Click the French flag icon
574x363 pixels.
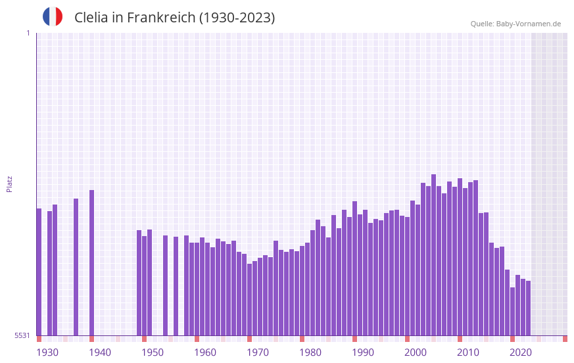(x=53, y=17)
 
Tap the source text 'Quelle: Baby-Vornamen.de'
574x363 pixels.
(x=515, y=24)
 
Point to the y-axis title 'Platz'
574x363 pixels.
(x=9, y=183)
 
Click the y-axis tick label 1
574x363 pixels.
(x=28, y=33)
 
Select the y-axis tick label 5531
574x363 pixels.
(x=22, y=335)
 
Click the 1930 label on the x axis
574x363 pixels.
(x=47, y=352)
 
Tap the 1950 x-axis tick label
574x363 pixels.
(x=153, y=352)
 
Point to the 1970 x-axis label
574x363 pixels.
(x=258, y=352)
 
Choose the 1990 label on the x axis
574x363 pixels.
(x=363, y=352)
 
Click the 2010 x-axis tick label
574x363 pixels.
(x=468, y=352)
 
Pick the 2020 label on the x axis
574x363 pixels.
(x=521, y=352)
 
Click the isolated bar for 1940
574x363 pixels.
(x=92, y=263)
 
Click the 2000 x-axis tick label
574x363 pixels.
(x=416, y=352)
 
